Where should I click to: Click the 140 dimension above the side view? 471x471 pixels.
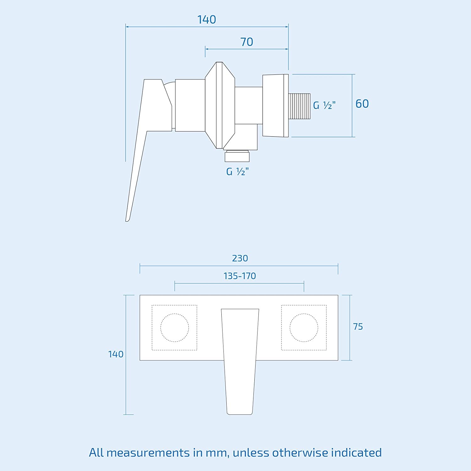[x=207, y=20]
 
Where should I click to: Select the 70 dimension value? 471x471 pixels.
[x=246, y=42]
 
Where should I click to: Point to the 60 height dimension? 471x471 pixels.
[x=362, y=104]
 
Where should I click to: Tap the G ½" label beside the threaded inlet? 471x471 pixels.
[x=324, y=105]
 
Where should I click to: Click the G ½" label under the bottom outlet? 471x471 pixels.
[x=237, y=172]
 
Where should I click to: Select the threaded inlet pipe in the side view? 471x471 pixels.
[x=299, y=106]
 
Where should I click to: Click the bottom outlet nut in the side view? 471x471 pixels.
[x=237, y=156]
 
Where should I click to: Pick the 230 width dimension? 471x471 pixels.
[x=240, y=258]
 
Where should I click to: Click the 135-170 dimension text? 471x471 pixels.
[x=240, y=276]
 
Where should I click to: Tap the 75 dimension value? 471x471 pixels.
[x=358, y=327]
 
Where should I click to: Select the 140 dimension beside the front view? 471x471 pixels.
[x=116, y=355]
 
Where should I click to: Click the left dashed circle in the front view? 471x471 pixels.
[x=175, y=328]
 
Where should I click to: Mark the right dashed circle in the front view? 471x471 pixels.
[x=304, y=328]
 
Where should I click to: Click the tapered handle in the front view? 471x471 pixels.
[x=240, y=361]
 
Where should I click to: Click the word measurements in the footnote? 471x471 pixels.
[x=148, y=453]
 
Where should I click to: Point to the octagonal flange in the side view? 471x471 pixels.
[x=220, y=105]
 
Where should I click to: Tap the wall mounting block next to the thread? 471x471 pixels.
[x=275, y=106]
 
